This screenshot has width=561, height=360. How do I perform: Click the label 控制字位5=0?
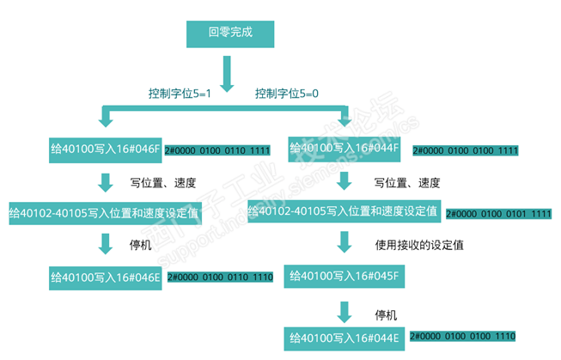pyautogui.click(x=286, y=92)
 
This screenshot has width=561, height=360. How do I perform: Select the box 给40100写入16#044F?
pyautogui.click(x=345, y=149)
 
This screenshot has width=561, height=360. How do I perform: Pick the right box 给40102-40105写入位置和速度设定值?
pyautogui.click(x=344, y=211)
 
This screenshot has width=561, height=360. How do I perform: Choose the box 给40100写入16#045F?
pyautogui.click(x=345, y=277)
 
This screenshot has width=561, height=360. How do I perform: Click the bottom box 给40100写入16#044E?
pyautogui.click(x=345, y=338)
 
